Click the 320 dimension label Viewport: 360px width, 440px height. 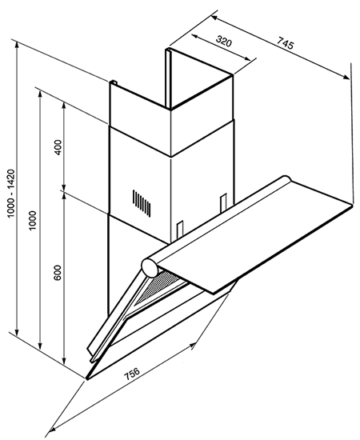(224, 42)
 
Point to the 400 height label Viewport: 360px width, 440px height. (58, 147)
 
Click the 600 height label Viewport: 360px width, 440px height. (58, 272)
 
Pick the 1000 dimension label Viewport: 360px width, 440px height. (33, 220)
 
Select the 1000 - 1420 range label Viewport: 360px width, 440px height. (11, 193)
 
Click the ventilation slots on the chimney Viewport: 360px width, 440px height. (142, 203)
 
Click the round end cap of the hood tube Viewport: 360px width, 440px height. (150, 267)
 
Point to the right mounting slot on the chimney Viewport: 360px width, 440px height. (223, 203)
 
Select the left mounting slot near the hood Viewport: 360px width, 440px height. (179, 229)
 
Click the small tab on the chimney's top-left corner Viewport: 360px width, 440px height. (113, 82)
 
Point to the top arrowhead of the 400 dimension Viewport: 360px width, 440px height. (64, 106)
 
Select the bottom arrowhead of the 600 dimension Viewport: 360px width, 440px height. (64, 361)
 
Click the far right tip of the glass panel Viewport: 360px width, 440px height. (352, 205)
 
